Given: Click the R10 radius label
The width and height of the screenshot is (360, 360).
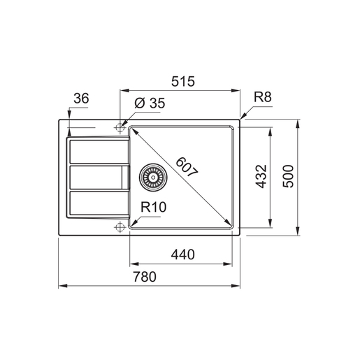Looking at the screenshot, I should tap(152, 207).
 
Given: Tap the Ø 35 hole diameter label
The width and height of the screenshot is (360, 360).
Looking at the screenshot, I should tap(147, 103).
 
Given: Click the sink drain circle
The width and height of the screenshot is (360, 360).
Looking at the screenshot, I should tap(152, 178).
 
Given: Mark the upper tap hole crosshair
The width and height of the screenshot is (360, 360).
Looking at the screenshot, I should tap(120, 128).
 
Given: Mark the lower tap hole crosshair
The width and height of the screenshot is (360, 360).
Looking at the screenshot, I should tap(120, 226).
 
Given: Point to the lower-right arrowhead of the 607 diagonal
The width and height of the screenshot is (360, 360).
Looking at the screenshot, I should tap(229, 225).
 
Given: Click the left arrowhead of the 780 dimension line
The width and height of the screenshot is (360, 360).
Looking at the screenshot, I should tap(60, 286).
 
